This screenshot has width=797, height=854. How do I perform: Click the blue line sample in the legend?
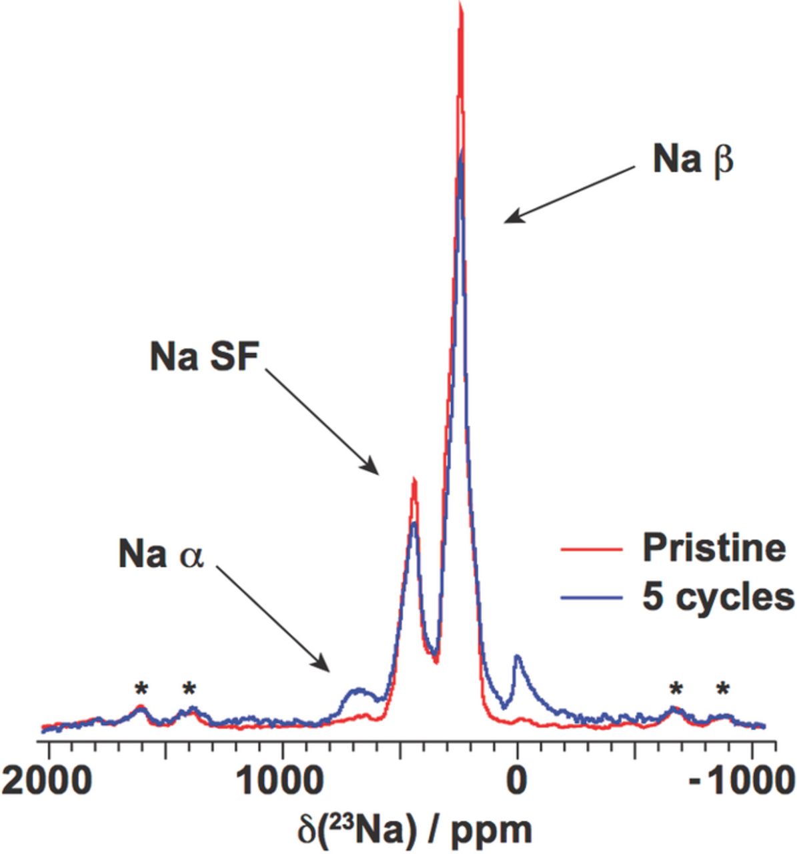click(x=591, y=597)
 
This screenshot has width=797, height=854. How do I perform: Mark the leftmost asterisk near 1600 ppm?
click(x=140, y=689)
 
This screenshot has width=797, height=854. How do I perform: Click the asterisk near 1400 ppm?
click(x=189, y=689)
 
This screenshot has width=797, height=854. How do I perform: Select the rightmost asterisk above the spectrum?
click(x=723, y=689)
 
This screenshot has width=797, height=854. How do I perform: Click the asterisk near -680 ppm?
click(x=677, y=689)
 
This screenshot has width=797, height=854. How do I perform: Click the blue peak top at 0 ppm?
click(x=518, y=657)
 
